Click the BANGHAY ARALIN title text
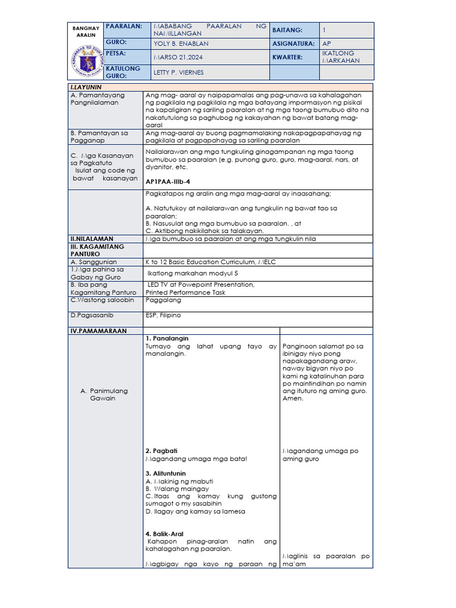point(84,31)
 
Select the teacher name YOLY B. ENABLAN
point(181,44)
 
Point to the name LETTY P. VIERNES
point(178,72)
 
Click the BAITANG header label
point(287,30)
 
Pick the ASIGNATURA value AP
point(327,44)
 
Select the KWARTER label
point(288,58)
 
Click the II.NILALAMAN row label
point(91,239)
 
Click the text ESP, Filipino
point(163,315)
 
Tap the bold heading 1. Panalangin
point(167,338)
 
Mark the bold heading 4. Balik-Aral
point(165,534)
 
